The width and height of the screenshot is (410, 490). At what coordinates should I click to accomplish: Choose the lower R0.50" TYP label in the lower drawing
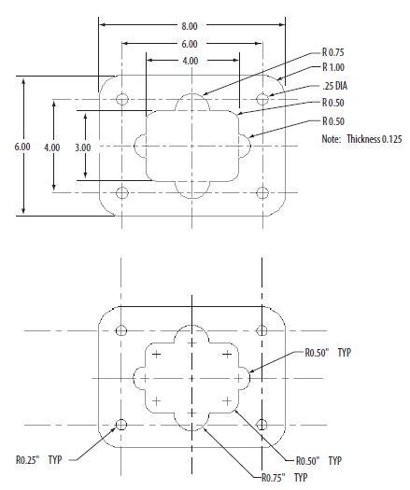pyautogui.click(x=318, y=461)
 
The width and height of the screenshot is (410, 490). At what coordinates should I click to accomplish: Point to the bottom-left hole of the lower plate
pyautogui.click(x=120, y=425)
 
